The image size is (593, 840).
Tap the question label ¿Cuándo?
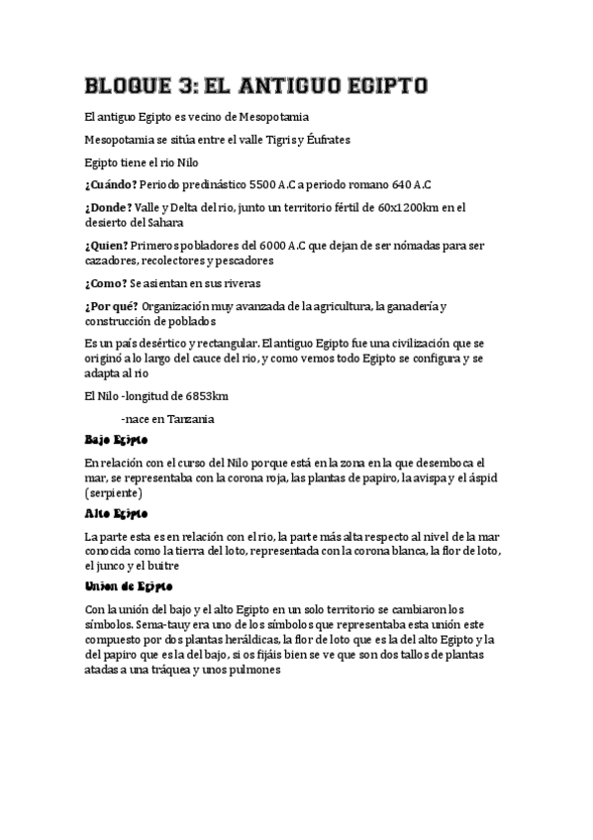coord(111,184)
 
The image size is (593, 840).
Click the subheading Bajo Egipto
coord(116,439)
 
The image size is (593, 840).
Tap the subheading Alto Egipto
coord(116,514)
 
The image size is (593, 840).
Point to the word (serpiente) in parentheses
coord(114,492)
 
